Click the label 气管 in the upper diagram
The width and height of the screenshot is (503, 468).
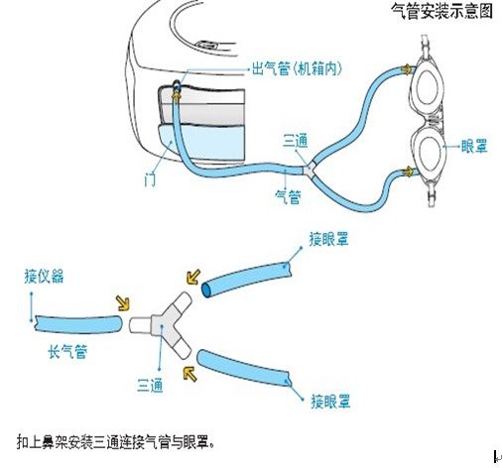(287, 195)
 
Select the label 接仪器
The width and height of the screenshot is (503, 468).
(44, 277)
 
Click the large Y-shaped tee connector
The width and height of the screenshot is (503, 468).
(168, 319)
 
